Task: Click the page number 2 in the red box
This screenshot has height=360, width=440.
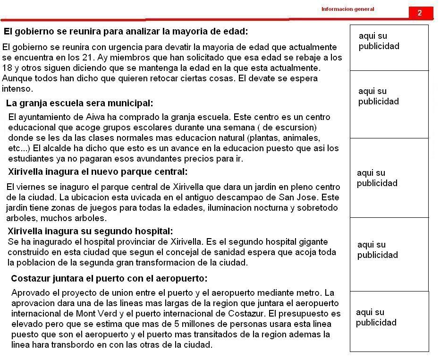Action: tap(420, 13)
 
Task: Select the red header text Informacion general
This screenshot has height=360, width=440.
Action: tap(347, 9)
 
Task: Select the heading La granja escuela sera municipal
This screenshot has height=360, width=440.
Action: tap(79, 103)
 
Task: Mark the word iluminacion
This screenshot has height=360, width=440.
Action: tap(220, 208)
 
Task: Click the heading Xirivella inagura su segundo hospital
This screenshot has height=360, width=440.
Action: tap(90, 231)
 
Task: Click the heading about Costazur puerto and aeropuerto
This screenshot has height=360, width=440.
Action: tap(109, 278)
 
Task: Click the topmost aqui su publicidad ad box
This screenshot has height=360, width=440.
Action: tap(389, 47)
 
